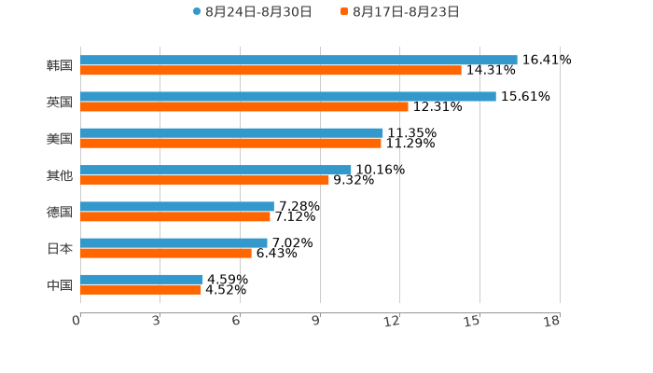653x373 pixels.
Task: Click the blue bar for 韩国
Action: [299, 60]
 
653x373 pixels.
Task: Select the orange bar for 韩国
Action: [271, 70]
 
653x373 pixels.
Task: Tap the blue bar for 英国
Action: [288, 96]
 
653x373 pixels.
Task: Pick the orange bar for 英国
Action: [244, 106]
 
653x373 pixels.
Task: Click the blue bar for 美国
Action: [231, 132]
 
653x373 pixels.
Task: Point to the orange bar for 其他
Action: [204, 180]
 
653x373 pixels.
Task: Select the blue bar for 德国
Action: [177, 206]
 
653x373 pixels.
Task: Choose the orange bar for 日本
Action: [166, 253]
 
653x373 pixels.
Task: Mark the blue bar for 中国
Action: [142, 279]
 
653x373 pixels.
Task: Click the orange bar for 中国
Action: [141, 289]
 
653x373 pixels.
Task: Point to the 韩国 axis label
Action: [60, 65]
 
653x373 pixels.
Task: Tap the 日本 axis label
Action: [60, 248]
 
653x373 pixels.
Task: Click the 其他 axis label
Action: [60, 175]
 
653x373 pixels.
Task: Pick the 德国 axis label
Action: [60, 212]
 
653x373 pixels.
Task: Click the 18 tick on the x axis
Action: [552, 321]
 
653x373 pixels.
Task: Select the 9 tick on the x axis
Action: [318, 321]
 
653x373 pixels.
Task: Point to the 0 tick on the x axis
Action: [77, 321]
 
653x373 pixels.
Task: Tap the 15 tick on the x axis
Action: [473, 321]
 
